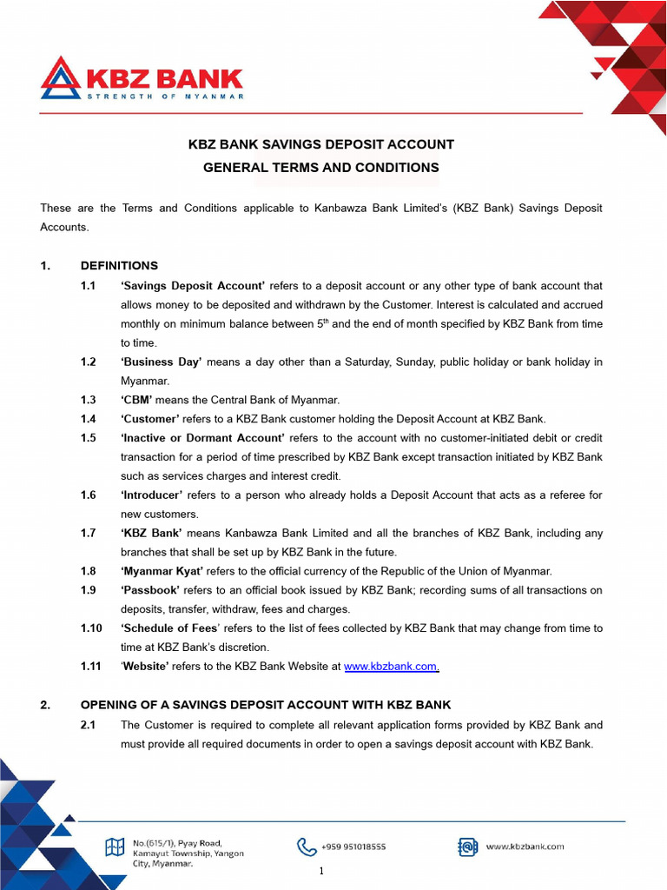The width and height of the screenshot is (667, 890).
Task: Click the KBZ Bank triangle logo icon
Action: pyautogui.click(x=60, y=79)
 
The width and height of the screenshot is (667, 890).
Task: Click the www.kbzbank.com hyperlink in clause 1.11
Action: pyautogui.click(x=391, y=667)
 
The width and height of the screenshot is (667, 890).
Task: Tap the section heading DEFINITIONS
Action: pyautogui.click(x=119, y=266)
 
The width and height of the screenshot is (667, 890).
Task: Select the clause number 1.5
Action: pyautogui.click(x=88, y=438)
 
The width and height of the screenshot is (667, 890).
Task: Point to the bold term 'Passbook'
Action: pyautogui.click(x=150, y=590)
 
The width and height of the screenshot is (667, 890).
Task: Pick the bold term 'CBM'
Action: pyautogui.click(x=136, y=400)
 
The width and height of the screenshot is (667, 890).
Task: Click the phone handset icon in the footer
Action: pyautogui.click(x=307, y=847)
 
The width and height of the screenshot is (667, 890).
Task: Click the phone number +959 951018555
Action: pyautogui.click(x=353, y=847)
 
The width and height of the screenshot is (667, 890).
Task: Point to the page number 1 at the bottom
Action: pyautogui.click(x=321, y=872)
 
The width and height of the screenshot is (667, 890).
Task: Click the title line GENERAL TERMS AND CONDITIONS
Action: pyautogui.click(x=321, y=168)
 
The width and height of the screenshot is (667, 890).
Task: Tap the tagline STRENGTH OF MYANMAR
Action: pyautogui.click(x=165, y=96)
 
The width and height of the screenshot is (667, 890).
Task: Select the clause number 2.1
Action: pyautogui.click(x=88, y=725)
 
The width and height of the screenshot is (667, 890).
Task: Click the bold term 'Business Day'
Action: pyautogui.click(x=161, y=362)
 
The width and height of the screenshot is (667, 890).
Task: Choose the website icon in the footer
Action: pyautogui.click(x=468, y=847)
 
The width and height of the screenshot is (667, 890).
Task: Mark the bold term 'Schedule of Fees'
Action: pyautogui.click(x=165, y=628)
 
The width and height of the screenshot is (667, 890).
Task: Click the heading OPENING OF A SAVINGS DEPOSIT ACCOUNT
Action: pyautogui.click(x=266, y=705)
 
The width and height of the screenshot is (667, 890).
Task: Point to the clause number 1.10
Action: pyautogui.click(x=91, y=628)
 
